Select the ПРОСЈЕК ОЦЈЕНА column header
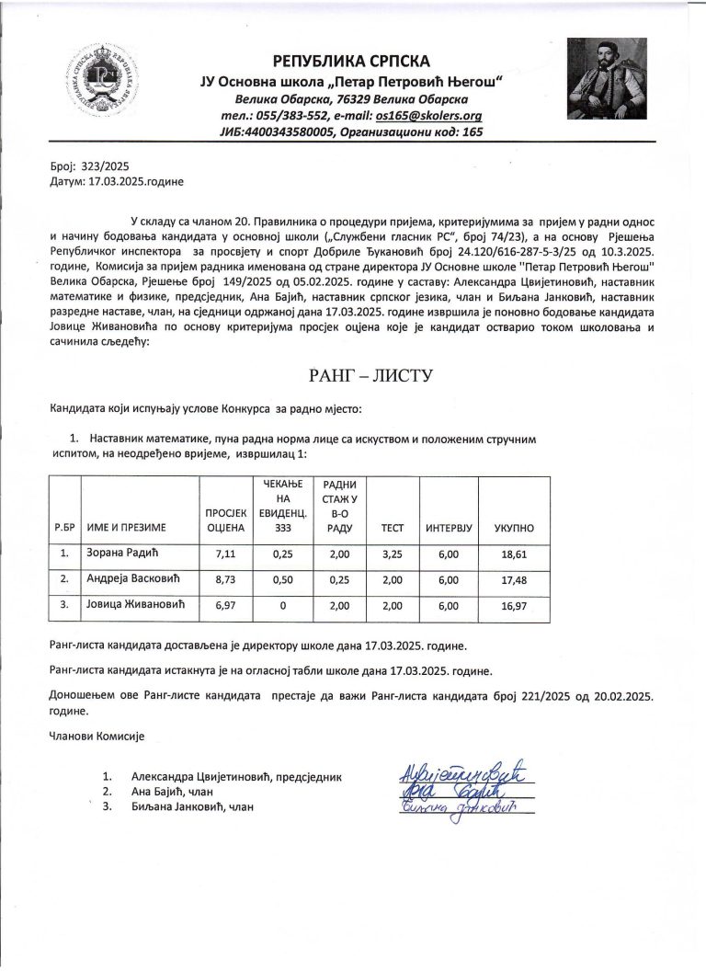225,520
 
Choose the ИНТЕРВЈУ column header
449,529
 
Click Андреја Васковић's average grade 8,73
225,580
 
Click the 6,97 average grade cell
225,606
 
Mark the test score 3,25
392,554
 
